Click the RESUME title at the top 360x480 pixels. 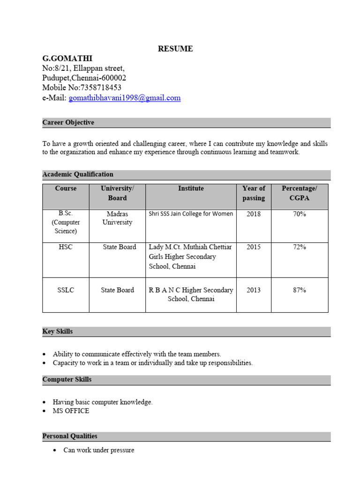175,49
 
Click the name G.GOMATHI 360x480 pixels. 67,59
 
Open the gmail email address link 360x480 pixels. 124,98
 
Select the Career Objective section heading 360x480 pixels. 68,123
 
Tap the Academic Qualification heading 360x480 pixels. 78,174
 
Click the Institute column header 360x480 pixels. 191,188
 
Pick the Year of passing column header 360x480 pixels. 254,193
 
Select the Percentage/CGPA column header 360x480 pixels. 299,193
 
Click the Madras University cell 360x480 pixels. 117,218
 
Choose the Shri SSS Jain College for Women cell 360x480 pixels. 191,214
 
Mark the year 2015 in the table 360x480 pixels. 254,247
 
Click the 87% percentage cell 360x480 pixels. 299,290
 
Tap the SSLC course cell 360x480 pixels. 66,290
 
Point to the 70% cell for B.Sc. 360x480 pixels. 299,214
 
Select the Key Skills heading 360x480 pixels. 57,331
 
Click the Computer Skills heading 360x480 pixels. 67,380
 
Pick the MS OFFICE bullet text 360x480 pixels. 71,411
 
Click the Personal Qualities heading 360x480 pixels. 70,436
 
